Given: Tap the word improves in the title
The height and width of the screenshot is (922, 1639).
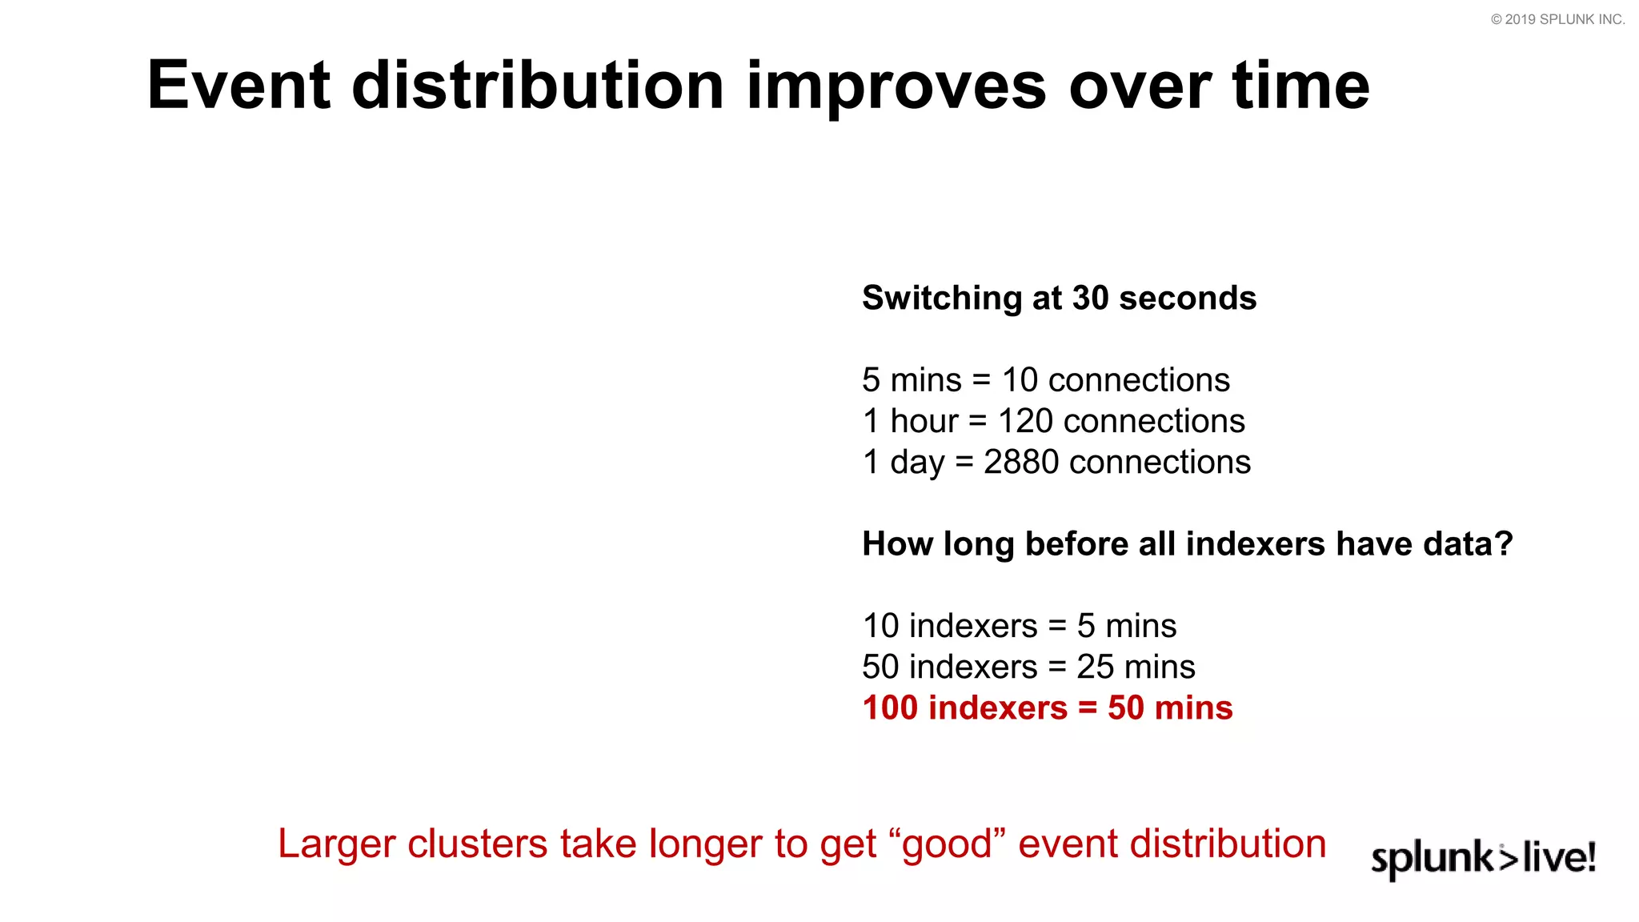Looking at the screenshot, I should (896, 86).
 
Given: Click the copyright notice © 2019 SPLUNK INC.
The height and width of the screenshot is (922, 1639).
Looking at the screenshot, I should (1557, 19).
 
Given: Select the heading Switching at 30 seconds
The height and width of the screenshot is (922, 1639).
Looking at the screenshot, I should (1059, 298).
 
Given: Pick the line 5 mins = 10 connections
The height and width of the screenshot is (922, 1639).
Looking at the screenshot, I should (1045, 379).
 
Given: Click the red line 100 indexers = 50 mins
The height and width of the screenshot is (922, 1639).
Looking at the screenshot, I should (1047, 708).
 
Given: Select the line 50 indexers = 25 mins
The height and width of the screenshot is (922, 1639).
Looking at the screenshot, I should (1028, 667).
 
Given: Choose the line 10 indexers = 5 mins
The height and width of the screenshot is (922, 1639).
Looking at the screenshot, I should (1019, 626).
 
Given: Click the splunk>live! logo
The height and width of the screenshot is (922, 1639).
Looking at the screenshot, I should (1483, 858).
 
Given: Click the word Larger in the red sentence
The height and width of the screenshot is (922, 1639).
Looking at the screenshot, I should (337, 844).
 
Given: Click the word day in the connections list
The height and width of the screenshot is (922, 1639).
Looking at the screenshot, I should (917, 463).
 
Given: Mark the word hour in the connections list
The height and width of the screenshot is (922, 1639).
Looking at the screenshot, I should (924, 421).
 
